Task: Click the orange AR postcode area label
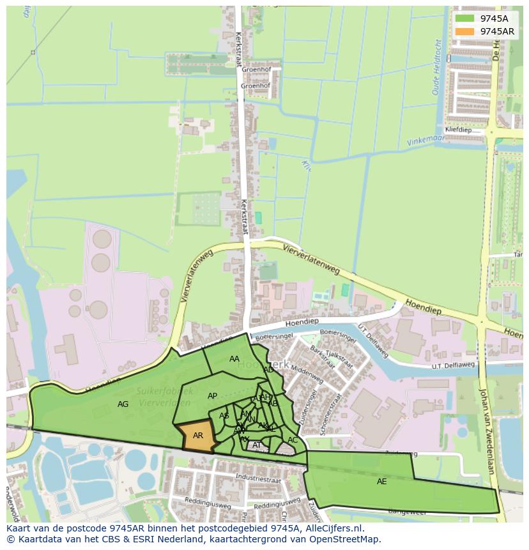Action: [198, 435]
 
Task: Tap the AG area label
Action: [123, 404]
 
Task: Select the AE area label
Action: [381, 481]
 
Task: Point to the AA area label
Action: [234, 359]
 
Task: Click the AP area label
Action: [213, 396]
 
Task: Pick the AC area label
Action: [293, 439]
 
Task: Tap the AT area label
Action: [257, 445]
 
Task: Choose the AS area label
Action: [224, 416]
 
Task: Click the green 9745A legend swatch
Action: [465, 19]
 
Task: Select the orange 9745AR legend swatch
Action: [465, 31]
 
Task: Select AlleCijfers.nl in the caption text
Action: [331, 528]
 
